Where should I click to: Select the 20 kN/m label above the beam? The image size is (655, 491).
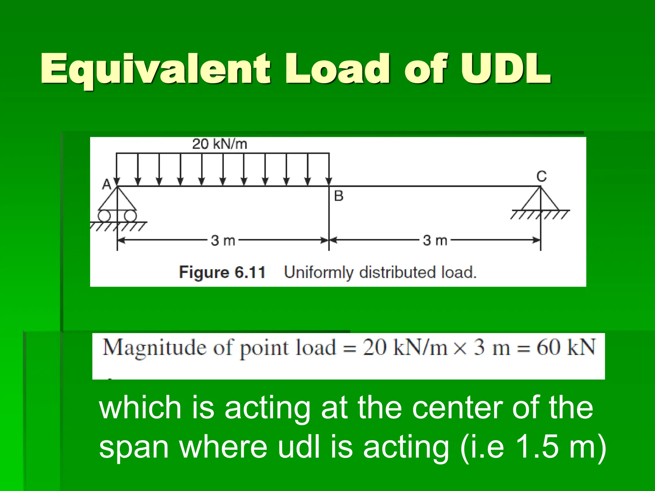220,144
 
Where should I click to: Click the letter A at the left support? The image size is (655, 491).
107,184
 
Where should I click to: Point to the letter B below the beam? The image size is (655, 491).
339,196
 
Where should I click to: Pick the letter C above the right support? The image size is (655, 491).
541,176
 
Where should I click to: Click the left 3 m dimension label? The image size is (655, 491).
223,240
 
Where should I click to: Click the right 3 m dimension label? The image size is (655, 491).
435,240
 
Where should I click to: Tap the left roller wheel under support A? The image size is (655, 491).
104,216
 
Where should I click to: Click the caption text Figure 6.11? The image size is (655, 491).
222,272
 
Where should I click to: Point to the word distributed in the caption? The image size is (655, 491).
398,272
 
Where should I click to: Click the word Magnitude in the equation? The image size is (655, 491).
155,348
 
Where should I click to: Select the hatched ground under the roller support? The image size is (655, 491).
118,226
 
